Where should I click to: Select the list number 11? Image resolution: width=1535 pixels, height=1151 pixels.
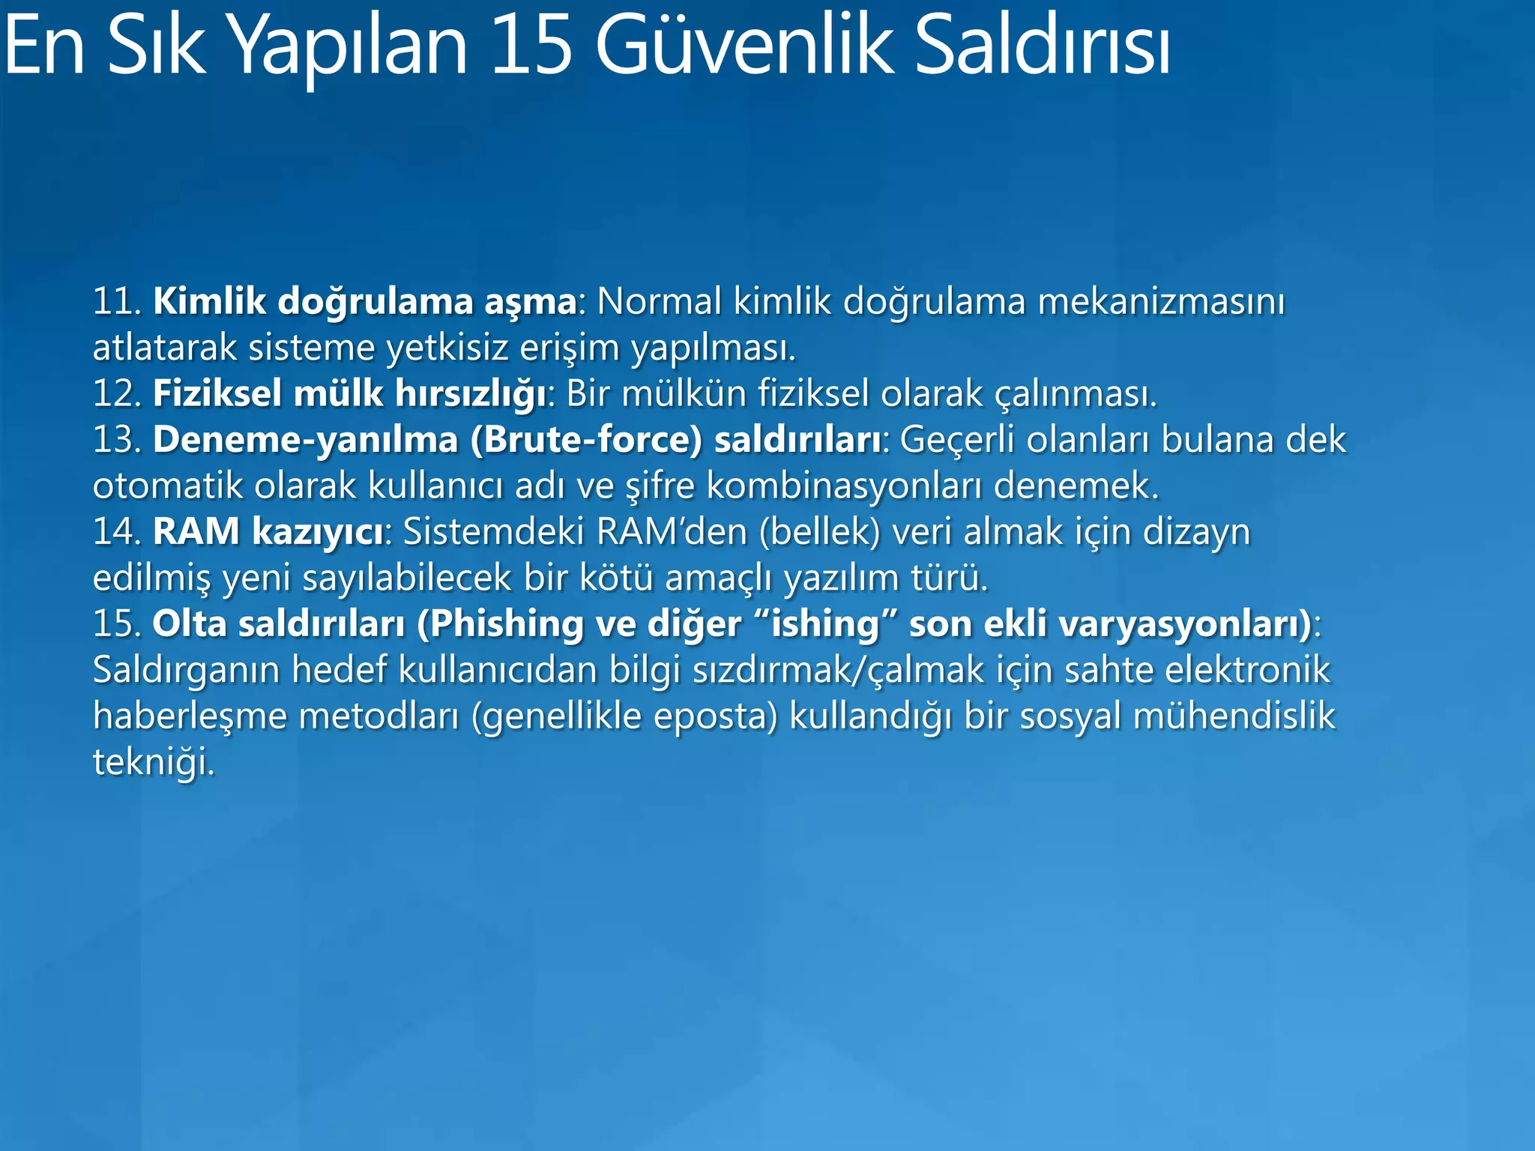(x=116, y=302)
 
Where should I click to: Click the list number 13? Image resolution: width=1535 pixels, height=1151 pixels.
(x=116, y=440)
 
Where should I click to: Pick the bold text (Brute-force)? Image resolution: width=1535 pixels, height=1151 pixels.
(x=587, y=440)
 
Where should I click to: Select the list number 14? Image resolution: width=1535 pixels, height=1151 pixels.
(x=116, y=532)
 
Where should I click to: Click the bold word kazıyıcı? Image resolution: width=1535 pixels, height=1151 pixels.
(x=318, y=532)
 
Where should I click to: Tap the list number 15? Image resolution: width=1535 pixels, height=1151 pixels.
(x=116, y=624)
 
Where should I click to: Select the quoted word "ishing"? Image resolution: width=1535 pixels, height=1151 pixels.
(x=824, y=624)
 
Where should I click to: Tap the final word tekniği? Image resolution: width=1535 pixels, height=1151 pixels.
(x=153, y=763)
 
